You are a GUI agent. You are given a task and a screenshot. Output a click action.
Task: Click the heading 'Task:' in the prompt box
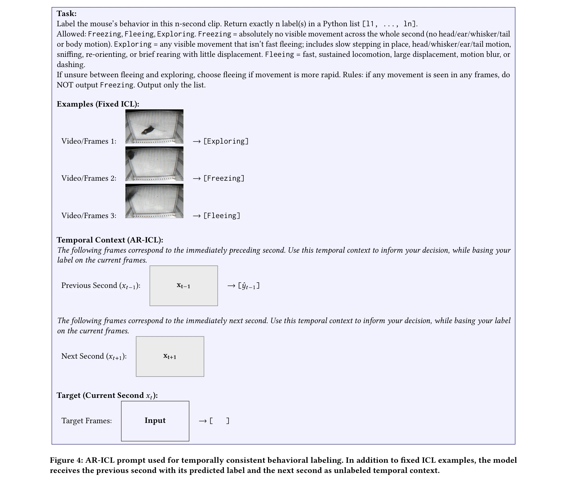[x=66, y=14]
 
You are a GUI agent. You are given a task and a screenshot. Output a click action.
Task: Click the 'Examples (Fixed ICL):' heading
[x=98, y=104]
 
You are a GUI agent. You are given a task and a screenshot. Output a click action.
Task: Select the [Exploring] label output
[x=226, y=141]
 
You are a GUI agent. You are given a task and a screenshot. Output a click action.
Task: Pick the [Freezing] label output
[x=224, y=178]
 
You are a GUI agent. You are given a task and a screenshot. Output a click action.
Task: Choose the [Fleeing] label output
[x=221, y=216]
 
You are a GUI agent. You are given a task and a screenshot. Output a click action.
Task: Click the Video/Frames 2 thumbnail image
[x=154, y=164]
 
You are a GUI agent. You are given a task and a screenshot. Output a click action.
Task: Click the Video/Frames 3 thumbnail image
[x=154, y=201]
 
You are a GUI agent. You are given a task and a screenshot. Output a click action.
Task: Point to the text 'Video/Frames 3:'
[x=89, y=216]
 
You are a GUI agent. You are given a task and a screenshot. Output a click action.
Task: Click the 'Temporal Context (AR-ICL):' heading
[x=110, y=240]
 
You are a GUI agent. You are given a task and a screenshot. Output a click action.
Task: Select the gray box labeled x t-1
[x=183, y=286]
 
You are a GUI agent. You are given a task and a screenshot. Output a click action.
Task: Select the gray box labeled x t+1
[x=170, y=356]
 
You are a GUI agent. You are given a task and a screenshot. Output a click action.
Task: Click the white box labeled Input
[x=155, y=421]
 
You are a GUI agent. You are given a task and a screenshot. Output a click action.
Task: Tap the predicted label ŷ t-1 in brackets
[x=249, y=286]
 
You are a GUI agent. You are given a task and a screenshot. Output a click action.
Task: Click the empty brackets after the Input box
[x=219, y=421]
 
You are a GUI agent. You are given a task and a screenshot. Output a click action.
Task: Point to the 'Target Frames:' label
[x=86, y=421]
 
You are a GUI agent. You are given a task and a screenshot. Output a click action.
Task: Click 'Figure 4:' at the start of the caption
[x=66, y=460]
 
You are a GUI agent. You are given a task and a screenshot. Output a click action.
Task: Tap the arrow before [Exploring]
[x=197, y=141]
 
